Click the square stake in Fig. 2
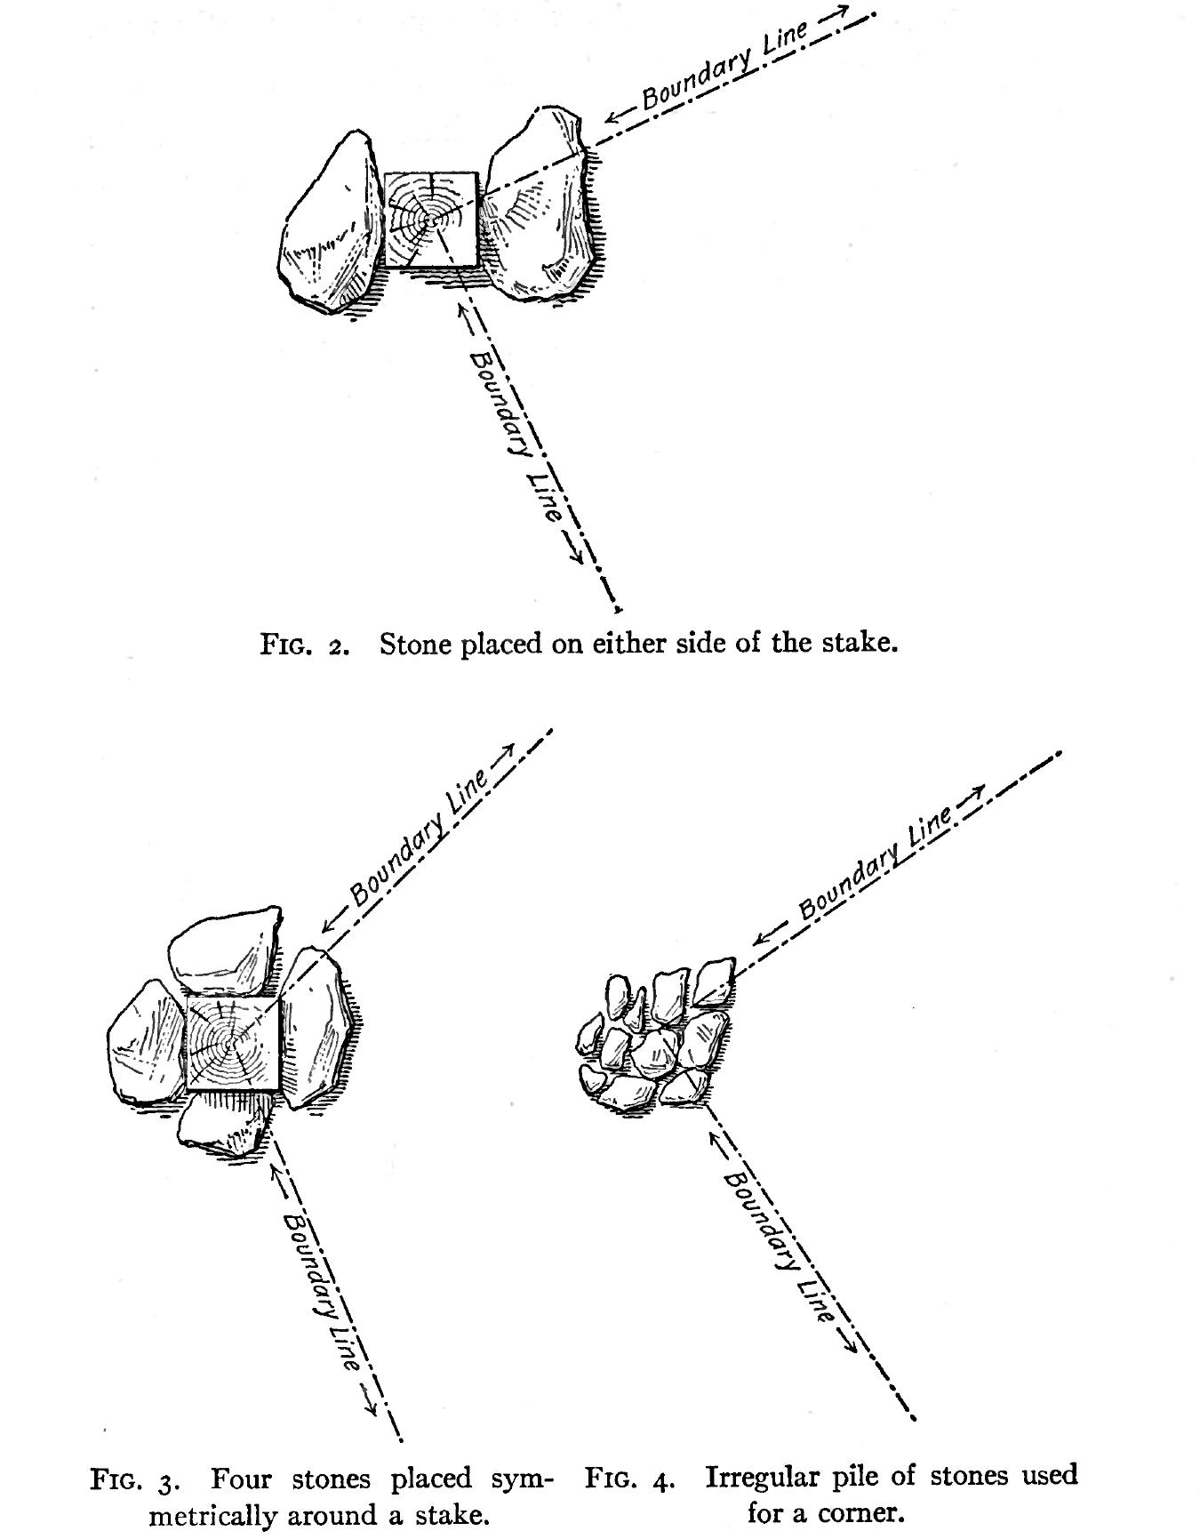431,220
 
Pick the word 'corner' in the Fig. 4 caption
853,1512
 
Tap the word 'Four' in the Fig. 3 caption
240,1479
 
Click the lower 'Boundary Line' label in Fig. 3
324,1289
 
